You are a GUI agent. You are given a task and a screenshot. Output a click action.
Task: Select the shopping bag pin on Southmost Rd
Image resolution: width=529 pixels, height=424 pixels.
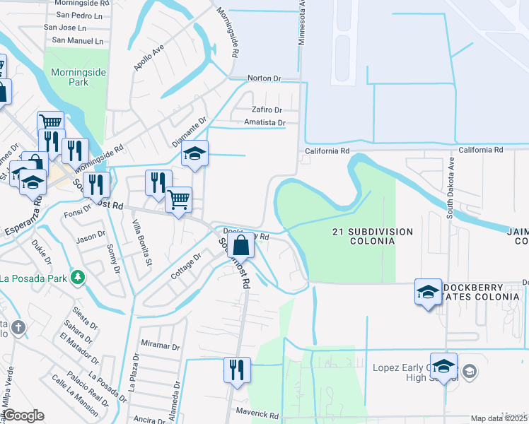point(241,247)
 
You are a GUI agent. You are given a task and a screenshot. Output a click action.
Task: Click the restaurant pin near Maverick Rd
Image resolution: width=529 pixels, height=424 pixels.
point(236,370)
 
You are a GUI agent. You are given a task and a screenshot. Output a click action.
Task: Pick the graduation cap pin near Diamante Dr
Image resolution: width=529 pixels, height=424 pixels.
point(194,154)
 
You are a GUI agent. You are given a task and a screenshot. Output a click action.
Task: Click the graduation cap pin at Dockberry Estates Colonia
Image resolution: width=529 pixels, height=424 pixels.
point(428,293)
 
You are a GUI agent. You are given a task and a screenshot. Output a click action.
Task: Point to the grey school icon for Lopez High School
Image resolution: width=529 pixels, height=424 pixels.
point(469,372)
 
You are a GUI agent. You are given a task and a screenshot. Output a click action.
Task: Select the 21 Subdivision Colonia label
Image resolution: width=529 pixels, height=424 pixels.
point(372,236)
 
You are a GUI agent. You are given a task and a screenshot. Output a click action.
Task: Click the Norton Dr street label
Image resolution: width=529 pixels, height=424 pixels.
point(264,78)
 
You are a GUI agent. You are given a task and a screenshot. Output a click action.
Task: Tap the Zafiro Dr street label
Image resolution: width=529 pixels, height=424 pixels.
point(267,110)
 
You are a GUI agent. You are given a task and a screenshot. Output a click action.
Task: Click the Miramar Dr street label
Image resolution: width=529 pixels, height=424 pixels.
point(160,346)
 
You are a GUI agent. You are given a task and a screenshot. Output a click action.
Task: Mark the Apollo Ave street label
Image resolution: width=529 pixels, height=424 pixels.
point(149,58)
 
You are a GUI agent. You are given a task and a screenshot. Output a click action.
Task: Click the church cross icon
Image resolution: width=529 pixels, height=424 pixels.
point(18,327)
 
